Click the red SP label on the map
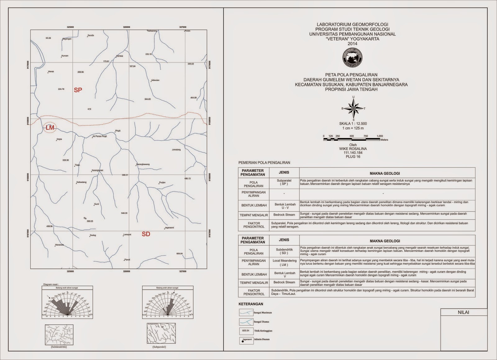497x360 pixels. click(78, 90)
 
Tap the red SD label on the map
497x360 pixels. click(146, 234)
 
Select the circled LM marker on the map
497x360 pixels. click(50, 128)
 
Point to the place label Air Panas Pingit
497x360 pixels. click(100, 136)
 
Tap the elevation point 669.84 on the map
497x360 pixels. click(179, 253)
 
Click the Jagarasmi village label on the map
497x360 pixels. click(169, 228)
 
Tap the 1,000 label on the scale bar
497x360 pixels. click(380, 136)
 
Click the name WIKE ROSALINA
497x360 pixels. click(353, 149)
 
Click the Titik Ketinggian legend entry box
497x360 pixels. click(246, 331)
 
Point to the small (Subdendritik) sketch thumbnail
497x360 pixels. click(59, 335)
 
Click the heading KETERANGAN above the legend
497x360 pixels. click(251, 304)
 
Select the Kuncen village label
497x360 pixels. click(65, 56)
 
